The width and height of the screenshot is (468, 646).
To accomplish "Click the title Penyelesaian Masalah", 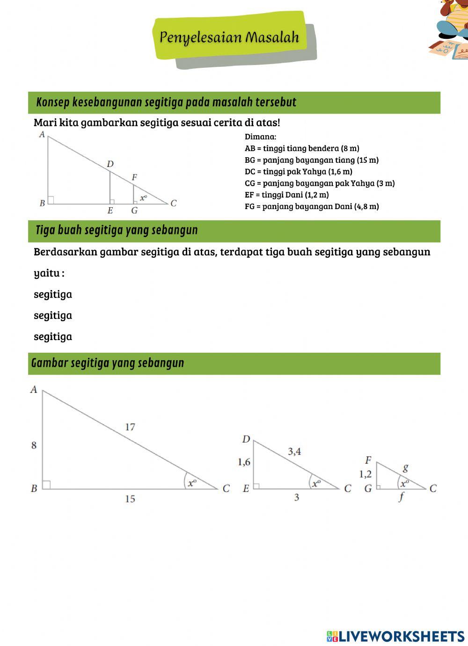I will click(229, 37).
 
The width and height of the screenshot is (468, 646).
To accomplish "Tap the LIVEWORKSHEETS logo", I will click(395, 636).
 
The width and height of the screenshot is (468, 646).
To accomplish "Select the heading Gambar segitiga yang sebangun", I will click(108, 363).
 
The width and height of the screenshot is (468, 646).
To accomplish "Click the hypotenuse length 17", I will click(130, 427).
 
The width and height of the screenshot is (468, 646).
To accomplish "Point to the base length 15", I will click(130, 499).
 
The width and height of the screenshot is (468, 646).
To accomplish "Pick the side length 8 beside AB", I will click(34, 445).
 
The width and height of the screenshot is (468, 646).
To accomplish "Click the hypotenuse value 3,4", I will click(294, 451).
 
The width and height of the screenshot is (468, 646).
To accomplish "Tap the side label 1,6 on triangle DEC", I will click(244, 462).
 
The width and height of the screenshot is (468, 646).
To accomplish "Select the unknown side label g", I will click(405, 467).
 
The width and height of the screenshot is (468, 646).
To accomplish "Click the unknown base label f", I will click(401, 497).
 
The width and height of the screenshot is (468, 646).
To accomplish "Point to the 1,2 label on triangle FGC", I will click(366, 474).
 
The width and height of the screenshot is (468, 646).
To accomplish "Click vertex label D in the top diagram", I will click(110, 164).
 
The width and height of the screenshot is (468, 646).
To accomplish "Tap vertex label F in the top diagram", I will click(134, 178).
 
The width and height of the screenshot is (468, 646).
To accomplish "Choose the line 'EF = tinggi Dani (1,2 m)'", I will click(286, 195).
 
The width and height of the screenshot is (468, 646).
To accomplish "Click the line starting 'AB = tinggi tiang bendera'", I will click(302, 148).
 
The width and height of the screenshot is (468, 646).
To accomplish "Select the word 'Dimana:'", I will click(260, 137).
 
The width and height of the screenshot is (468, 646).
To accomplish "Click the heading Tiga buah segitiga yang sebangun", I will click(117, 230).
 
